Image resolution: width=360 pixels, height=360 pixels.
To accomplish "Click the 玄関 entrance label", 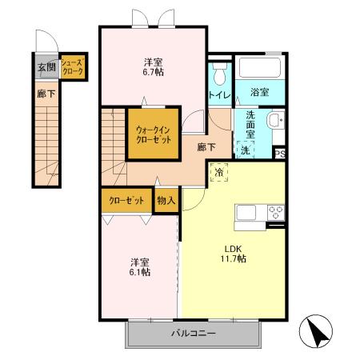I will click(46, 66).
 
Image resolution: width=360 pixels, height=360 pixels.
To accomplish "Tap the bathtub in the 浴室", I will click(257, 68).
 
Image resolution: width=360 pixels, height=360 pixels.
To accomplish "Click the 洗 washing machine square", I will click(245, 149).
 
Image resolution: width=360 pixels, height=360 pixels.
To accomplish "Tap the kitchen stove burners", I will click(276, 212).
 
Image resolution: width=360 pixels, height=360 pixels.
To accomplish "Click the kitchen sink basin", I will click(246, 212).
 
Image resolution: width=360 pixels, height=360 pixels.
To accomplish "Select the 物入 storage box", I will click(166, 200).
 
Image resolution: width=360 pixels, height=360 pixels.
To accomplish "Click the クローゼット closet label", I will click(126, 200).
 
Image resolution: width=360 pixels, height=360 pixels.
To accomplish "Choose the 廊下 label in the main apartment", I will click(206, 147).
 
